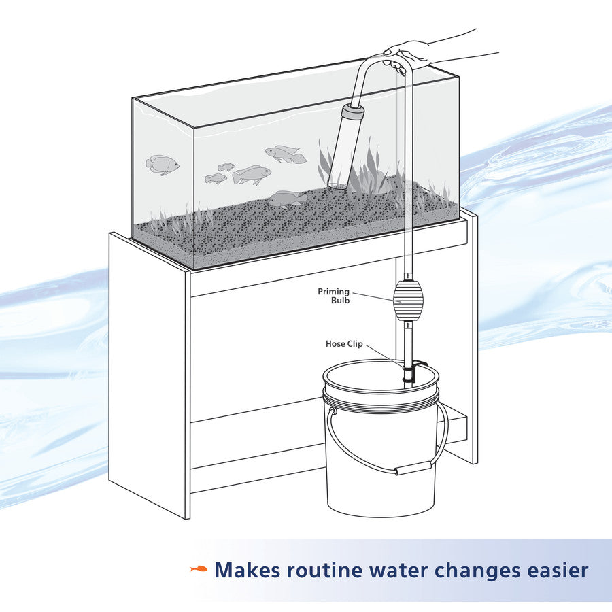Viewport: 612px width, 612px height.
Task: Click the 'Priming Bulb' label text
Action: (333, 296)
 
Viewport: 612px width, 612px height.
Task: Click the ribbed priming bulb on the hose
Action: (407, 299)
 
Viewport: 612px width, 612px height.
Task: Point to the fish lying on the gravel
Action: (287, 198)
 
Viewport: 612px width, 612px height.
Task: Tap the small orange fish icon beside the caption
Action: (199, 569)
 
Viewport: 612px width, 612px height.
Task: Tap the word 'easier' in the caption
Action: (559, 570)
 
